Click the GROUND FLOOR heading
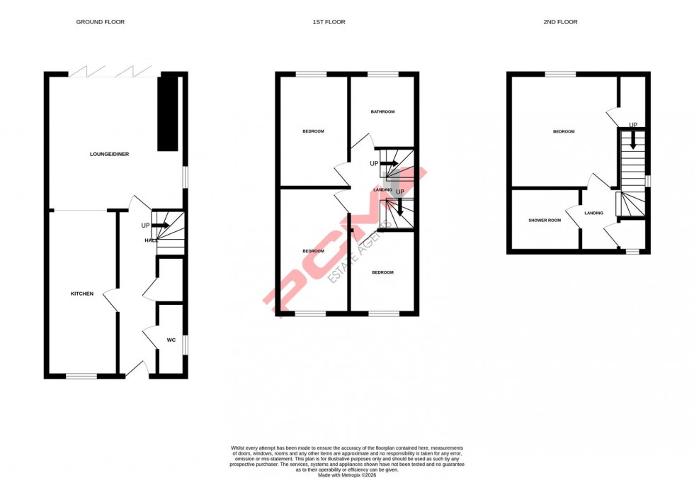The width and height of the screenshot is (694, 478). pos(101,22)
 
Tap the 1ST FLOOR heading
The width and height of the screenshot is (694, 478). pos(329,22)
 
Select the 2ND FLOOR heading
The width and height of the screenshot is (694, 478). pos(561,22)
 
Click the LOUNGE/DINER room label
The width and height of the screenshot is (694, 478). pos(109,154)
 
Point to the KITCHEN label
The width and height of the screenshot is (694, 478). pos(81,294)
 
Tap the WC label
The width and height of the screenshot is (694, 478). pos(171,340)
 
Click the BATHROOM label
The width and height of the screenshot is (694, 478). pos(382,112)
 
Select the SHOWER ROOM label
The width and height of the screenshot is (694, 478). pos(545,221)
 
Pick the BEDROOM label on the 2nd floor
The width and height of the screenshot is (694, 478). pos(564,131)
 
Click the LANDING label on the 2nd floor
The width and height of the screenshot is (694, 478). pos(594,213)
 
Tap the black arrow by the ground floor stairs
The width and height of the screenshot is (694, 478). pos(160,226)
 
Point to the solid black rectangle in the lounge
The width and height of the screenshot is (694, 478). pos(167,113)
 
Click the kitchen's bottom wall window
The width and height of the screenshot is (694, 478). pos(81,376)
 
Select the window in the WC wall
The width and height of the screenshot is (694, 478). pos(186,345)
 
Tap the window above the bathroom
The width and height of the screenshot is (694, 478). pos(382,74)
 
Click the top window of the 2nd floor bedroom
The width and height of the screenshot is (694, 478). pos(560,74)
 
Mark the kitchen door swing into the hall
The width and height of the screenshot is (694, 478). pos(111,300)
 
